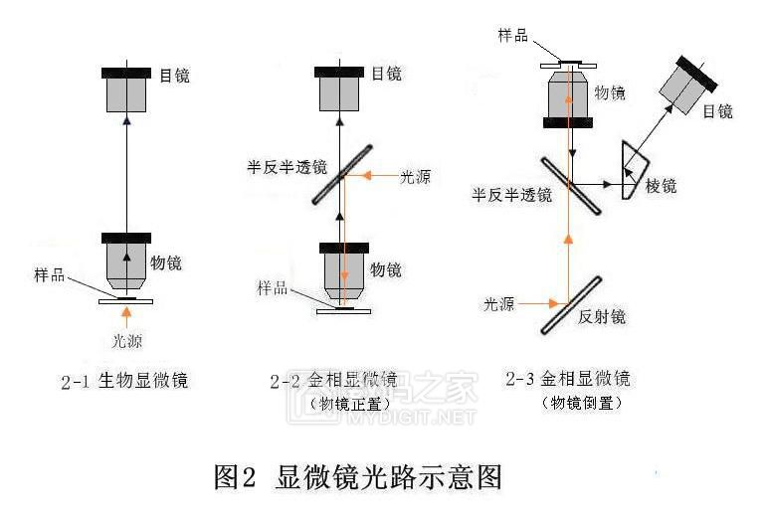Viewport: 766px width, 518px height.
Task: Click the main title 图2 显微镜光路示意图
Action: click(358, 478)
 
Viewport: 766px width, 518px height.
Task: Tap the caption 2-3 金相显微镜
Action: click(567, 380)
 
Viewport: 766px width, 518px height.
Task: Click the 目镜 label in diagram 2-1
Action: click(174, 74)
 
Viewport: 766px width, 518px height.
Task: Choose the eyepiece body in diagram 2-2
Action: click(339, 89)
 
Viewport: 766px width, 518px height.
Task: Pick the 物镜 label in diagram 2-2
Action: click(386, 268)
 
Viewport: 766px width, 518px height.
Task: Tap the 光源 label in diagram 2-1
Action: click(125, 341)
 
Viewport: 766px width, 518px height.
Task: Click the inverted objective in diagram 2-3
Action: click(568, 95)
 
